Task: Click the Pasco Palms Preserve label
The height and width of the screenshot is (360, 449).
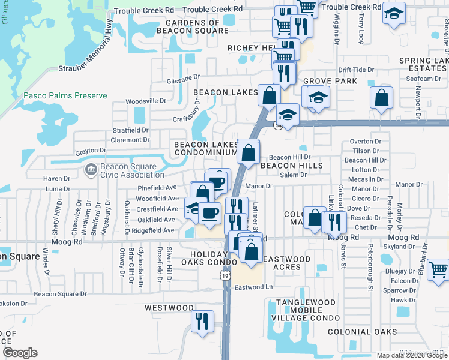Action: pyautogui.click(x=65, y=96)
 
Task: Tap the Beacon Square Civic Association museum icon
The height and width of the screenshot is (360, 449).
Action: pyautogui.click(x=90, y=170)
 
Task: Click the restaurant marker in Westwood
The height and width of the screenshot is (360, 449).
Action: pyautogui.click(x=202, y=320)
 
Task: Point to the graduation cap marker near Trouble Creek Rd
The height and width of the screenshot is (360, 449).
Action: pyautogui.click(x=393, y=14)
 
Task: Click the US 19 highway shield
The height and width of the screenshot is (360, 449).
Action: pyautogui.click(x=224, y=275)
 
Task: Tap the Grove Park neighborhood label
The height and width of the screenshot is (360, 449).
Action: pyautogui.click(x=322, y=81)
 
